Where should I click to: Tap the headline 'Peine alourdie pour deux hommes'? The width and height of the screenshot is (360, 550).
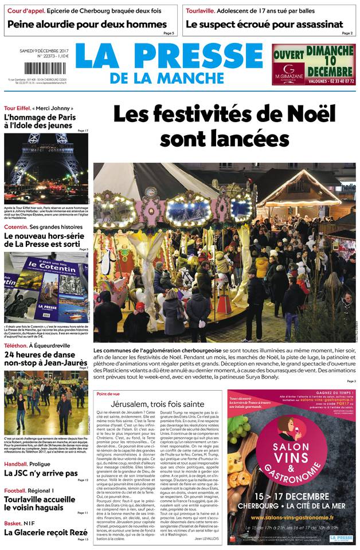coord(87,24)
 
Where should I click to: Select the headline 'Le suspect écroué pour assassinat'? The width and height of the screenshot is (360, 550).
coord(264,24)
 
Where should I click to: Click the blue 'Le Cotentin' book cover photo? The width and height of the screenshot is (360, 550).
coord(46,286)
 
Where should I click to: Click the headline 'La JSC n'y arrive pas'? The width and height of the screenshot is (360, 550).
coord(40,473)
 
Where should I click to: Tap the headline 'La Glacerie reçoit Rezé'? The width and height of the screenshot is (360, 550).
coord(41,532)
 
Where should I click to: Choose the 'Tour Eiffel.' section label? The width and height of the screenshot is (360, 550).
coord(17,108)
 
